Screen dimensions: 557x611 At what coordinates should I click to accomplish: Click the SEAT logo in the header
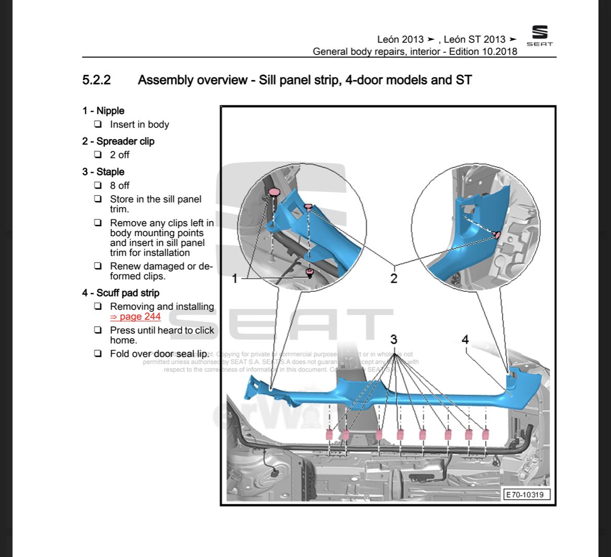coord(539,36)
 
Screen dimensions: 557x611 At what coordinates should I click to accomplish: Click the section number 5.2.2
coord(96,80)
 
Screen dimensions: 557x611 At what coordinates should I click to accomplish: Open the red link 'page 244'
coord(135,317)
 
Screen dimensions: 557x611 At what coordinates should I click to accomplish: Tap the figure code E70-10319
coord(527,494)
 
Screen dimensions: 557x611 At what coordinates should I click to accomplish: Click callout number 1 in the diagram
coord(234,279)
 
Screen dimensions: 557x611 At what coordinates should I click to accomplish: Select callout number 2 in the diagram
coord(394,278)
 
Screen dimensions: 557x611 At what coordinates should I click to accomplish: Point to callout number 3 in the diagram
coord(394,340)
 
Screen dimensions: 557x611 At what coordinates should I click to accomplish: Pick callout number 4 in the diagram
coord(465,340)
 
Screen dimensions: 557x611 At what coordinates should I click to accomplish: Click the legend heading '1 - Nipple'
coord(103,111)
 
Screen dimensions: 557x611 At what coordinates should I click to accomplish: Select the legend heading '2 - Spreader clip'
coord(118,141)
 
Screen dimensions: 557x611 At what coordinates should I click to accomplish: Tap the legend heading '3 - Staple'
coord(103,172)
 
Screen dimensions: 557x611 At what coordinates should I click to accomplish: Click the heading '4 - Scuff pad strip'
coord(121,293)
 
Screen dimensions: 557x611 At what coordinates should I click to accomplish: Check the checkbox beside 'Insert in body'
coord(98,125)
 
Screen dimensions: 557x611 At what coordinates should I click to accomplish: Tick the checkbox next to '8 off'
coord(98,185)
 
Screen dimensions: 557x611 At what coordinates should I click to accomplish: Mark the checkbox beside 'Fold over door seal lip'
coord(98,354)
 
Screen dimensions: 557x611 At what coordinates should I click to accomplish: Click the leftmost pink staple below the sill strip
coord(330,434)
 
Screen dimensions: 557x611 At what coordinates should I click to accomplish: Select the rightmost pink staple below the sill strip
coord(486,434)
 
